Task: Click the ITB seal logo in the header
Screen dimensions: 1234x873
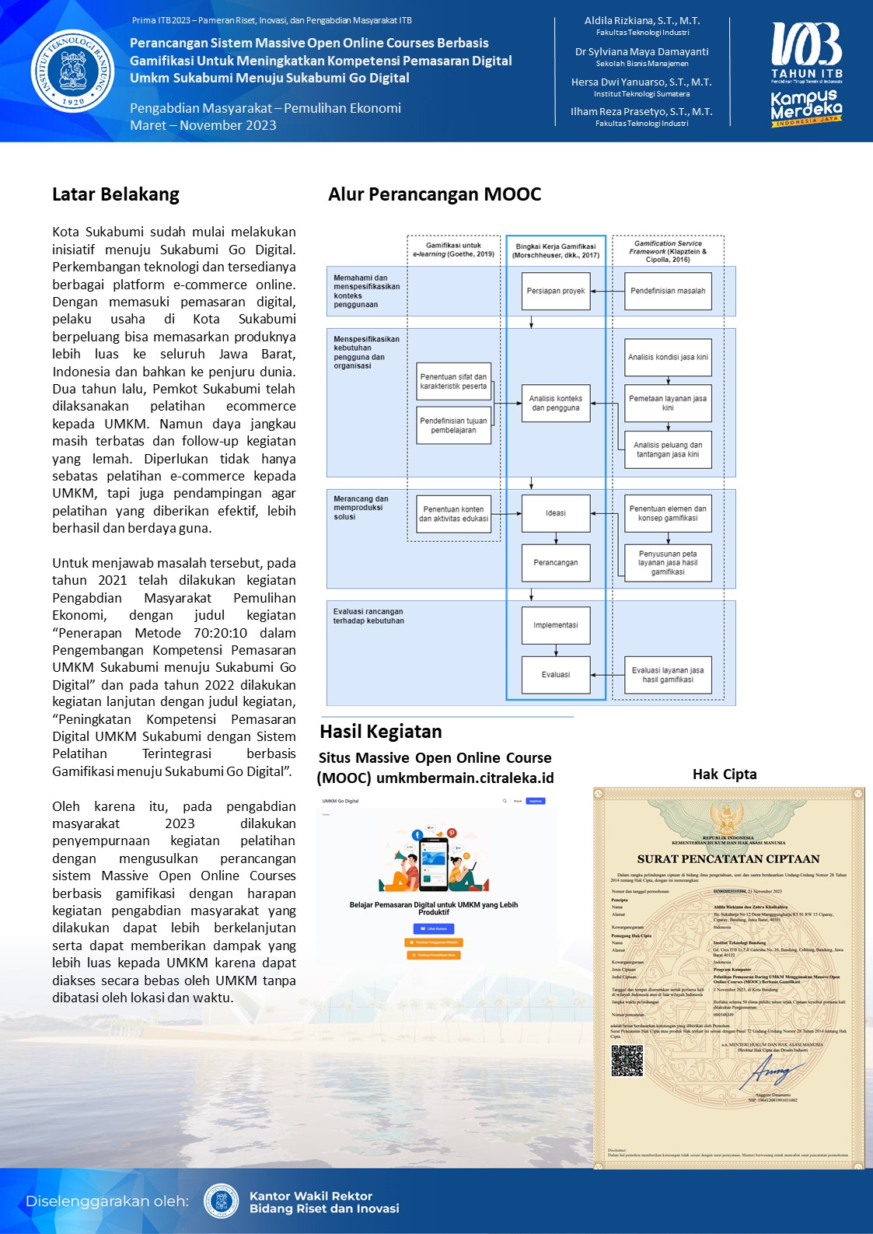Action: [72, 72]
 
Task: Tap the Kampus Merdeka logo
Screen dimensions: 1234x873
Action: [806, 107]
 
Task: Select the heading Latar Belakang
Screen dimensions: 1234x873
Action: [116, 194]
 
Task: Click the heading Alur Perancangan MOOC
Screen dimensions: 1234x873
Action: [435, 194]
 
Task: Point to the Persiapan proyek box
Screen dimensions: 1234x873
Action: [556, 291]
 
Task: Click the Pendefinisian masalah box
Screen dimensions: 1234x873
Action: [668, 291]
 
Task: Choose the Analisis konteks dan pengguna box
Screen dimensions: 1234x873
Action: [556, 403]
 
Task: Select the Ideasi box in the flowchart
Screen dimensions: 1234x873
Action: [556, 513]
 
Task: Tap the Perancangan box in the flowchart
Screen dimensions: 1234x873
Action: [556, 562]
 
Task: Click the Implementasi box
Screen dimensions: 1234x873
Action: [556, 625]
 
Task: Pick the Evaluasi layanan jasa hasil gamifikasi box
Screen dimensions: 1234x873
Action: [668, 675]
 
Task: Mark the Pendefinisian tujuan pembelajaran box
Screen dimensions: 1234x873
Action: [453, 425]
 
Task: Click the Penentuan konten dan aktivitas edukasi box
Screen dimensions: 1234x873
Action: [453, 514]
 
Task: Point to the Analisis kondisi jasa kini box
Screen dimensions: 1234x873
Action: [668, 357]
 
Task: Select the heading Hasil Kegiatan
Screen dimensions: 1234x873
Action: [381, 732]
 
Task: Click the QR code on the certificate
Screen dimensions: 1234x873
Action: [627, 1061]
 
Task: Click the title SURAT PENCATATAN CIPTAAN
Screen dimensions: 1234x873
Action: [728, 859]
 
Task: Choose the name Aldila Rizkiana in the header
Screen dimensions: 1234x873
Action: [642, 21]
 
